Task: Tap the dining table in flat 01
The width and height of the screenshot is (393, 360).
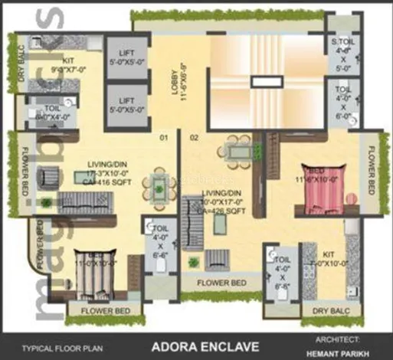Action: pos(161,186)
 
